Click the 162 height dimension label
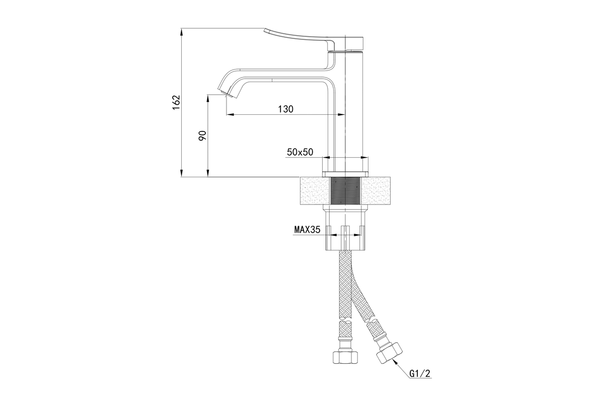[x=176, y=102]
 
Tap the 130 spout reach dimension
[x=285, y=109]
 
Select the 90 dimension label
[x=202, y=136]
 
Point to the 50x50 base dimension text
[x=300, y=152]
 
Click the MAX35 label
[x=307, y=230]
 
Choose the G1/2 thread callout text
[x=420, y=374]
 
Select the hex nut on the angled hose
[x=389, y=354]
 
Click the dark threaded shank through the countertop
[x=345, y=190]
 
